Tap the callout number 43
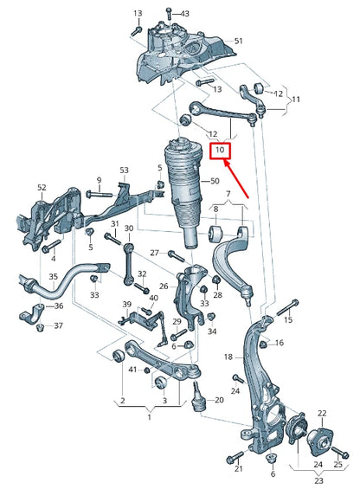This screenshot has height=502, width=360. pos(183,15)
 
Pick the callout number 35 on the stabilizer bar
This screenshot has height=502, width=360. pos(53,278)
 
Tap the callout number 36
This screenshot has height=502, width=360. pos(60,306)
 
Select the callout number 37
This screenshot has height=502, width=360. pos(59,325)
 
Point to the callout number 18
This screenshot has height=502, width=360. pos(228,356)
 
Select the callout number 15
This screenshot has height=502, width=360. pos(289,320)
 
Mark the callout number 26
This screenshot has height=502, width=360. pos(164,286)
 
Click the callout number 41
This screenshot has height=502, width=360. pos(132,370)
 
